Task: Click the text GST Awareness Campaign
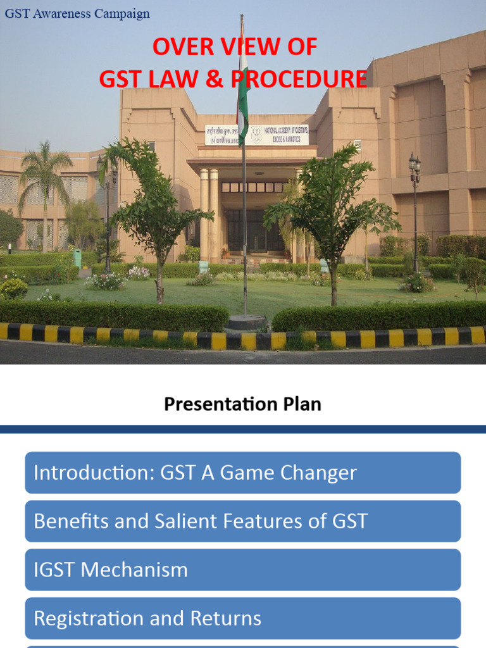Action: [x=77, y=13]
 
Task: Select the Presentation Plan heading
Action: [x=242, y=404]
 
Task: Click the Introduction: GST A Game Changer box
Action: [x=243, y=473]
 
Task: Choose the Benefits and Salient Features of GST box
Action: [x=243, y=521]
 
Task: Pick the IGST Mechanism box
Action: [x=243, y=570]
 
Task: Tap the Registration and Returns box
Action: [x=243, y=618]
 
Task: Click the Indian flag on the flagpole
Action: [x=242, y=89]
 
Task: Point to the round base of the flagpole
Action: [x=246, y=323]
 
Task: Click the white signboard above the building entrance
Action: [x=256, y=135]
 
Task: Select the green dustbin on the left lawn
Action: [x=77, y=258]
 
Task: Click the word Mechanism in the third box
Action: [x=135, y=570]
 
